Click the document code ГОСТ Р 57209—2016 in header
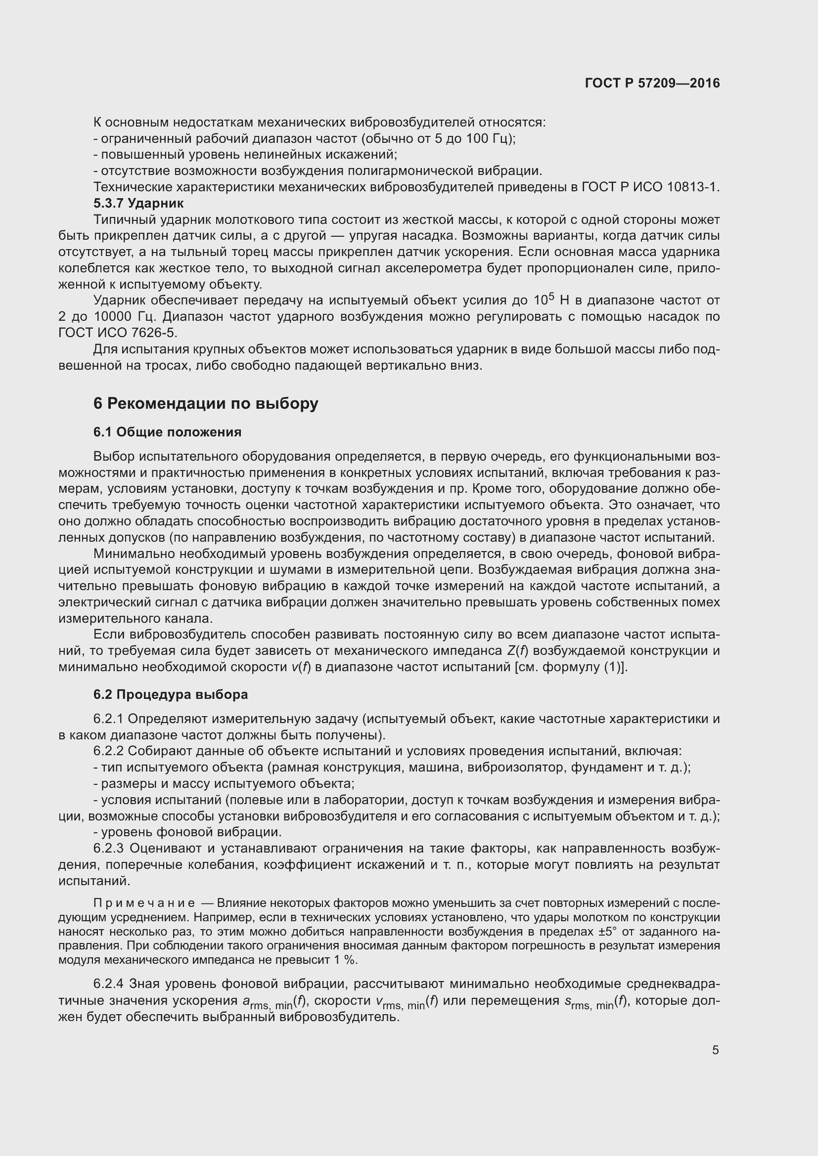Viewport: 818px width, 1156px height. tap(652, 84)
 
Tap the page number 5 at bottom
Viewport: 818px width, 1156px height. tap(715, 1050)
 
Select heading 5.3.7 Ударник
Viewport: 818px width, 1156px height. tap(138, 204)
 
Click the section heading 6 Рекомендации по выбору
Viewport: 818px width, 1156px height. tap(206, 403)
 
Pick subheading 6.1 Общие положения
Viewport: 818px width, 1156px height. tap(167, 432)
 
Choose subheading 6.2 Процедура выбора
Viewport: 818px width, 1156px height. tap(170, 694)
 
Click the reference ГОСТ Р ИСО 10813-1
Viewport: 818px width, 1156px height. tap(650, 187)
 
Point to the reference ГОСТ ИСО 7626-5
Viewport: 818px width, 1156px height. tap(118, 333)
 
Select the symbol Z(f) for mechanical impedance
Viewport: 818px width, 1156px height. tap(517, 650)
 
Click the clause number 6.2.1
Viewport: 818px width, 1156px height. tap(108, 719)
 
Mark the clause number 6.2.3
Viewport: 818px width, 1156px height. tap(108, 849)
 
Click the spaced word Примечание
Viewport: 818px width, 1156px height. tap(144, 903)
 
